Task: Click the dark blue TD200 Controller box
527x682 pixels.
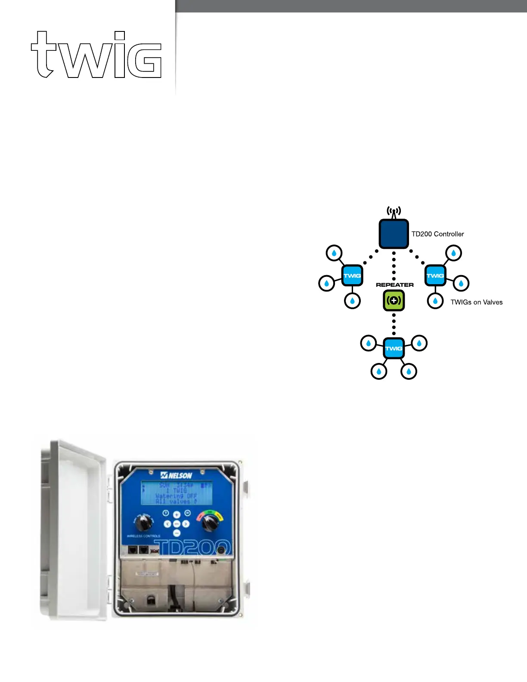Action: (x=394, y=234)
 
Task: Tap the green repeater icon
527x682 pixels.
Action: (x=394, y=301)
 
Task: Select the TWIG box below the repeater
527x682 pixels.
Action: (x=394, y=348)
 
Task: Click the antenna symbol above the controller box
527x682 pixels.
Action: (x=394, y=212)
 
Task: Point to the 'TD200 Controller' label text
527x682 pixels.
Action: (x=437, y=234)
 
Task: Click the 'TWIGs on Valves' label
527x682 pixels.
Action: (x=476, y=302)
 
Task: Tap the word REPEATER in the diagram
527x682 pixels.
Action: (x=394, y=285)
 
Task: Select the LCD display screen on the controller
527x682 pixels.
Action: (x=177, y=493)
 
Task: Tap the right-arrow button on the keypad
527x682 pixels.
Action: (x=186, y=524)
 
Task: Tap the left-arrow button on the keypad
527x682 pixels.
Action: (x=167, y=524)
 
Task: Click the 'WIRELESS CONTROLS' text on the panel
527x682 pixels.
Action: (x=143, y=536)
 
